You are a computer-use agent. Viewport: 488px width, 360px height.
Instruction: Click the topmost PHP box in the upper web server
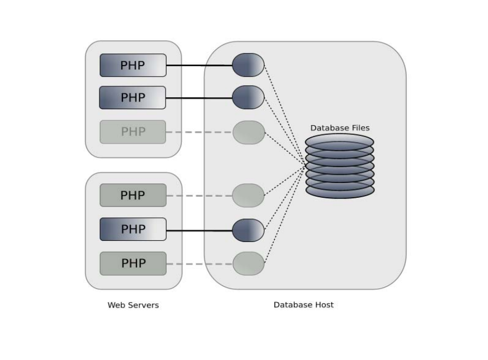point(133,66)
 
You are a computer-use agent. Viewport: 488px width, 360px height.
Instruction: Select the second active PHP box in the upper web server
point(133,98)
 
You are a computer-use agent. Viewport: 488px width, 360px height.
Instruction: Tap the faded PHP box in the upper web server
point(133,132)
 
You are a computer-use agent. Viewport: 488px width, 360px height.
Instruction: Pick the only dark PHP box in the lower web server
point(133,229)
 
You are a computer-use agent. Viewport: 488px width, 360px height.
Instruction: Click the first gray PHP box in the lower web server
point(133,196)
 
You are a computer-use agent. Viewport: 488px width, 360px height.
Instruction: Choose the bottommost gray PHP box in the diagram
point(133,263)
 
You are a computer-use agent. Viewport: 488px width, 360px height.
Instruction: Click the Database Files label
point(340,128)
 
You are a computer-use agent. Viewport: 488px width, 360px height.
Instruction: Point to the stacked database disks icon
point(339,166)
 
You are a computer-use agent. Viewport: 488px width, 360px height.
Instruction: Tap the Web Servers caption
point(133,305)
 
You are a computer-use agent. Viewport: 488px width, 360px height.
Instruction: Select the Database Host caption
point(303,305)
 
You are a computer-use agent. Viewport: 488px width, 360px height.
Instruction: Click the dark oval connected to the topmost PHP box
point(248,65)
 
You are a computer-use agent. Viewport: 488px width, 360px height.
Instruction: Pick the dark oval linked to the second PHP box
point(248,97)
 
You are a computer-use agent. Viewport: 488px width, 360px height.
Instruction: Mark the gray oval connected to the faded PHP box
point(249,132)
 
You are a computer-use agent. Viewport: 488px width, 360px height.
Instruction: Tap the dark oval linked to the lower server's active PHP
point(248,230)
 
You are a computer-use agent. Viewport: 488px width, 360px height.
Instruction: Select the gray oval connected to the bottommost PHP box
point(249,264)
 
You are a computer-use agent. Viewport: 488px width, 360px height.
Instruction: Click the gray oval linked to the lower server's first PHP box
point(248,196)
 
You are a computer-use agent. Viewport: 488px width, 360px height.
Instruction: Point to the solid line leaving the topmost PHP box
point(199,66)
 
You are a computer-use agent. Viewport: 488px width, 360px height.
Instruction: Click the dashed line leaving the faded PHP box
point(199,132)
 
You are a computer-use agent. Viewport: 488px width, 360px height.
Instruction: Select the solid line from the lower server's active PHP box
point(199,231)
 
